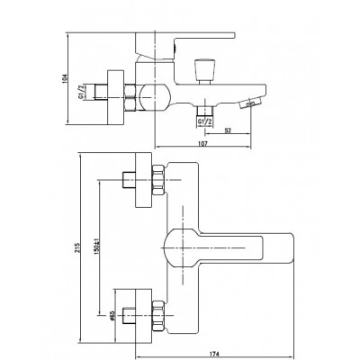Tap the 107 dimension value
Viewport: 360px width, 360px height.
tap(203, 144)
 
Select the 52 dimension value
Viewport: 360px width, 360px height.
tap(228, 130)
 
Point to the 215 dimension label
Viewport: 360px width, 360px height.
tap(77, 247)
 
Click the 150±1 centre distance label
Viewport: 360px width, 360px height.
tap(96, 247)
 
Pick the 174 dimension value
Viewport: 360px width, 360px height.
tap(214, 354)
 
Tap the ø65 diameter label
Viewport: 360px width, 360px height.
tap(112, 316)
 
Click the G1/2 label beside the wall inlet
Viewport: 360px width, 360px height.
tap(81, 92)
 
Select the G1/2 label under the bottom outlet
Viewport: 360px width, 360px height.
tap(205, 121)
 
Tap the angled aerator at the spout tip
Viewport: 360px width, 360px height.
tap(251, 103)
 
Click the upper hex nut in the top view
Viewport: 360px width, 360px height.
tap(158, 180)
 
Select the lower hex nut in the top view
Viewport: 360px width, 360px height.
tap(158, 316)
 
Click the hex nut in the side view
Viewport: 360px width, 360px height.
tap(130, 97)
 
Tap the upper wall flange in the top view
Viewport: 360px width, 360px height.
tap(144, 180)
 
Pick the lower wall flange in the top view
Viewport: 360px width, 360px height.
tap(144, 316)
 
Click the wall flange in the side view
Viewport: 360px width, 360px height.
tap(116, 97)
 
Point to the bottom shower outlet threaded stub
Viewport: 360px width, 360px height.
tap(205, 111)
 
